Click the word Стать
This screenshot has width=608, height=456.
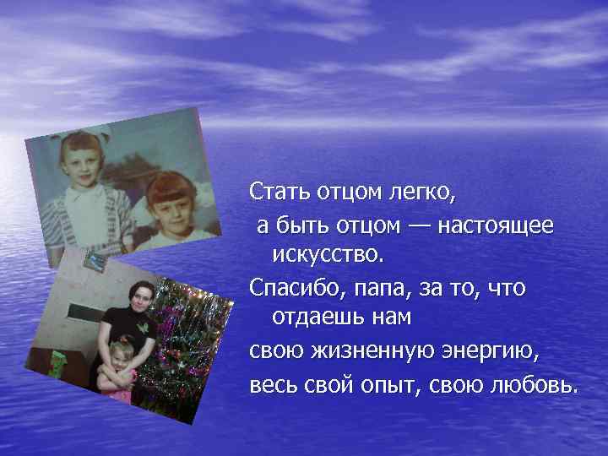(280, 193)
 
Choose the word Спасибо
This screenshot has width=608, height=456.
(290, 288)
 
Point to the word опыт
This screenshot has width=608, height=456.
(405, 385)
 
